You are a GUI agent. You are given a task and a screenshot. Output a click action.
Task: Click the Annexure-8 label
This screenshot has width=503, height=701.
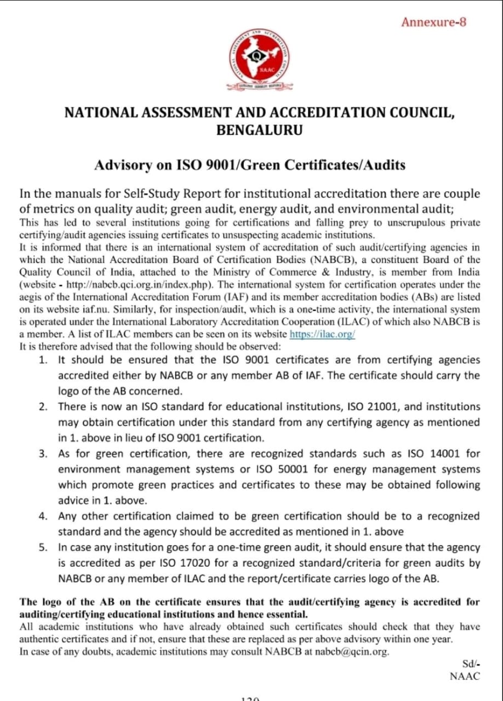[433, 22]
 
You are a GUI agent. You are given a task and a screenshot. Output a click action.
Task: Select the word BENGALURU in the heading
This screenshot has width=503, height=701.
[260, 130]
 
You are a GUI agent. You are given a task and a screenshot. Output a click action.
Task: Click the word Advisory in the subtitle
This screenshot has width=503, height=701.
[118, 165]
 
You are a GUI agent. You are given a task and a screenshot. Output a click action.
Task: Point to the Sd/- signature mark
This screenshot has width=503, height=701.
[471, 664]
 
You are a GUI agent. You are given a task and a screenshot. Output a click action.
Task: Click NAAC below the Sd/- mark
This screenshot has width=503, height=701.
[464, 676]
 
